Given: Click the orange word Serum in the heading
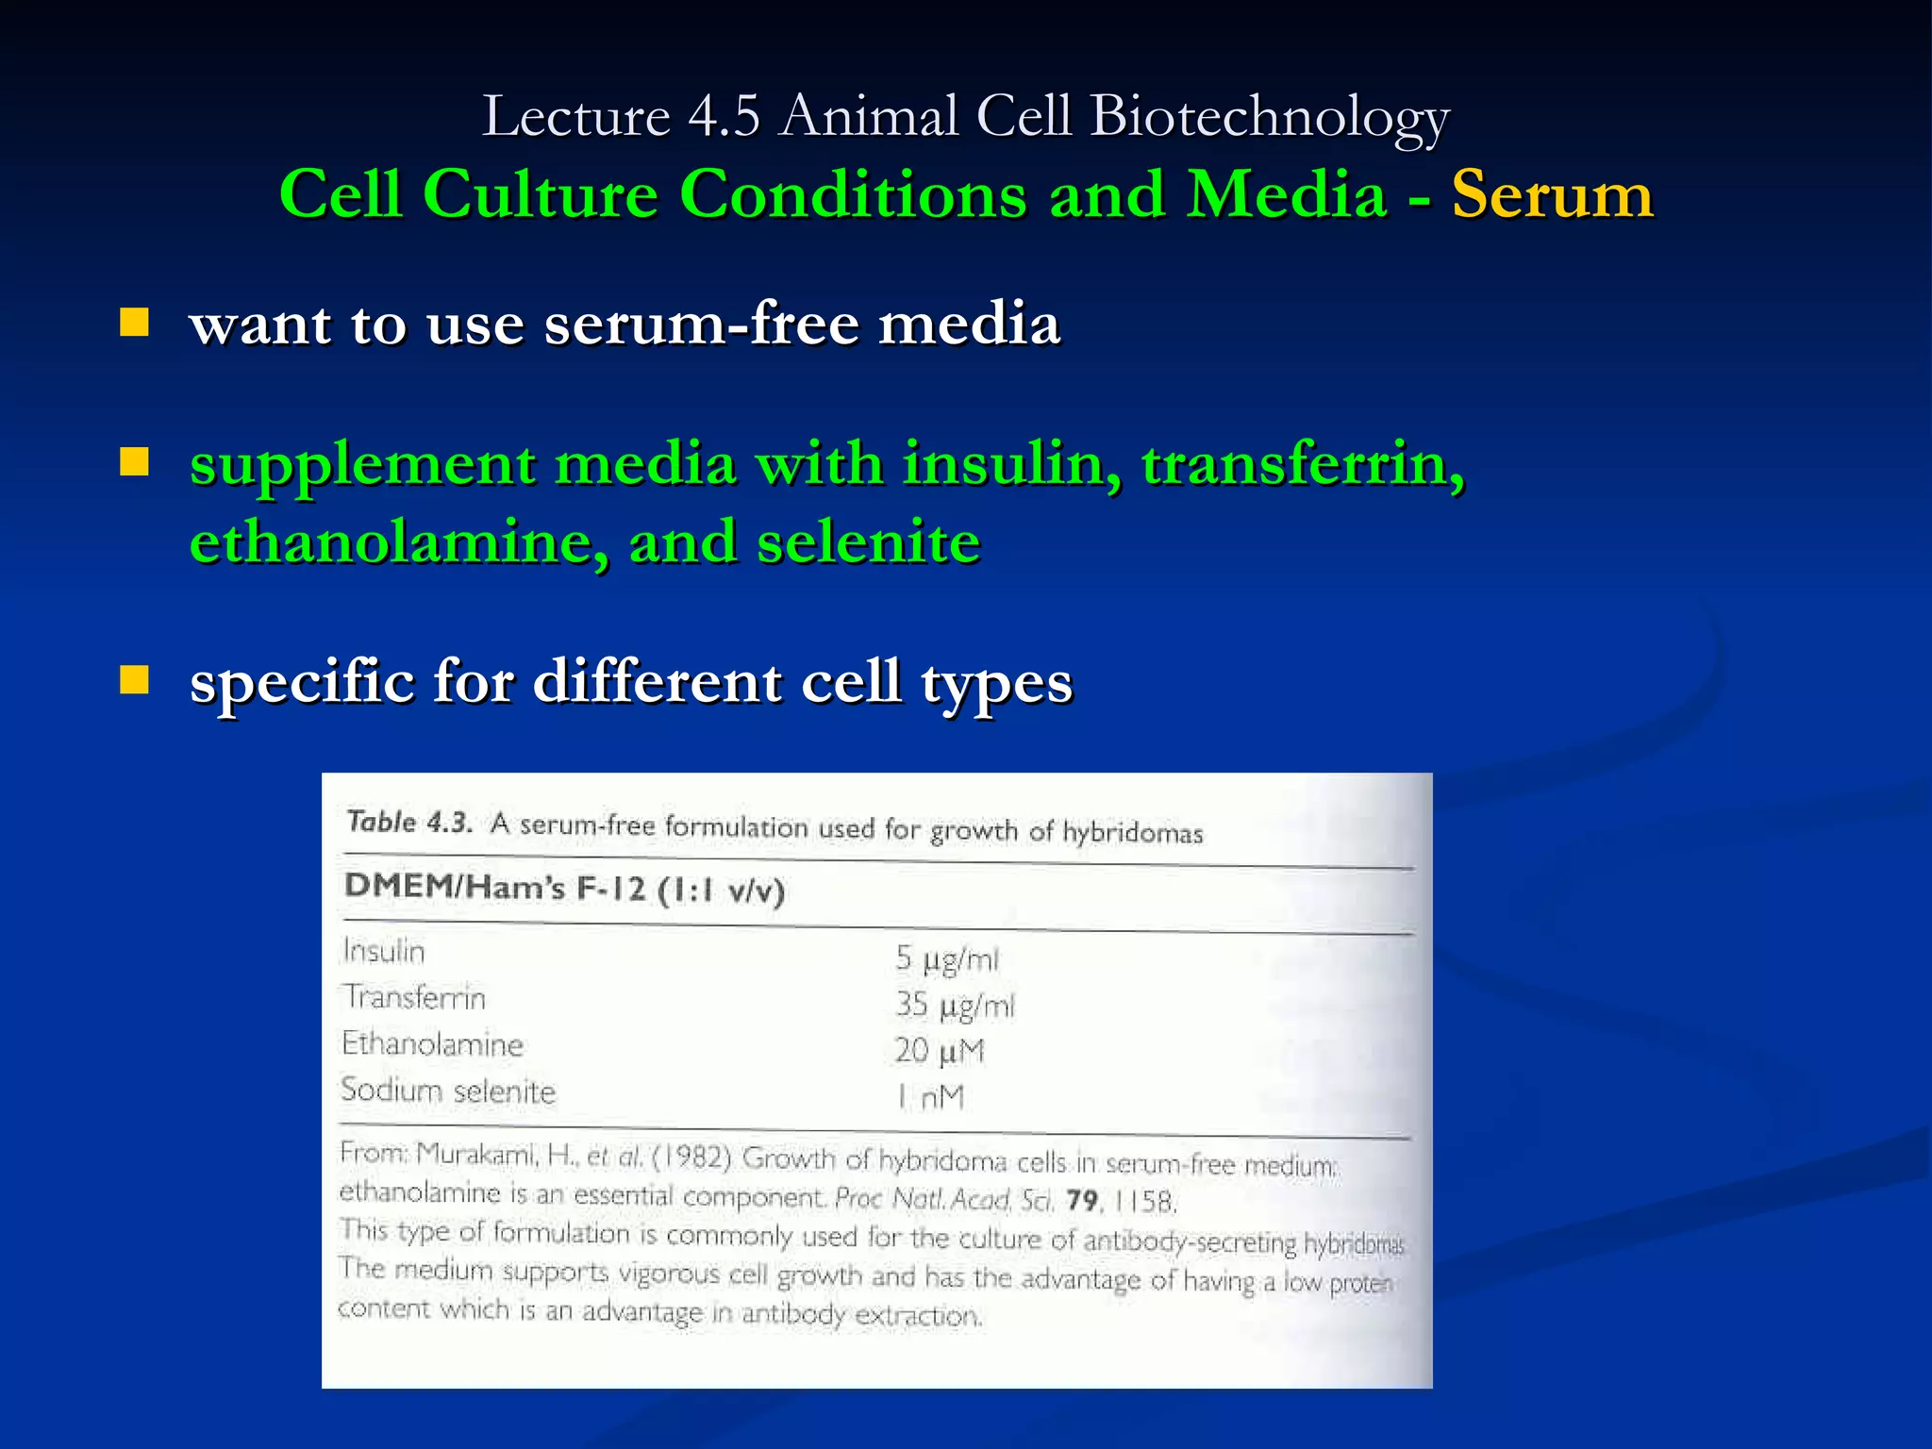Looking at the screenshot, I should [x=1552, y=195].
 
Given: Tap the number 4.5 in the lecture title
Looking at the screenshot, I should [x=724, y=117].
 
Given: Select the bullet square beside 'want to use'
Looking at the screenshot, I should [x=135, y=324].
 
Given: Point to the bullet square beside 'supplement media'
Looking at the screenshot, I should [x=135, y=463].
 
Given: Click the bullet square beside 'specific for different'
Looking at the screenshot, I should [x=135, y=680].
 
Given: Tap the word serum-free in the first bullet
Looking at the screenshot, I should [x=702, y=325].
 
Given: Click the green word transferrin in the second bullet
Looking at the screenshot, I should [x=1302, y=464].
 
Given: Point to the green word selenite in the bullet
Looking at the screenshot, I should [x=868, y=543].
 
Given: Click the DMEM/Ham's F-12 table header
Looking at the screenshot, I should [x=564, y=888].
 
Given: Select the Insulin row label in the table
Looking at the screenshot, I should [x=384, y=951].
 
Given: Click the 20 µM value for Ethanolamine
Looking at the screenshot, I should [x=940, y=1051].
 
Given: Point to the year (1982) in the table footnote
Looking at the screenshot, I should [x=691, y=1157].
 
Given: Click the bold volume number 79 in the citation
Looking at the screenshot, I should [x=1082, y=1200].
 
